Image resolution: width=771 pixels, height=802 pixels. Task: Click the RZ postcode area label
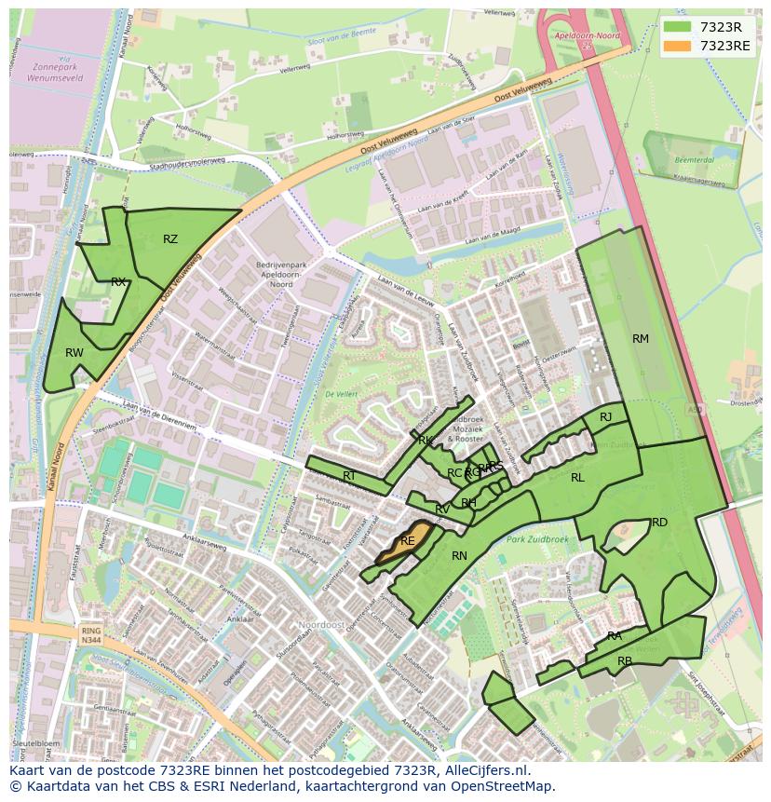[x=169, y=239]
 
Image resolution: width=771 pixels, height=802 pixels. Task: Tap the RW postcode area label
[x=74, y=353]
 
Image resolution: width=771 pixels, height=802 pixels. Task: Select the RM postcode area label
[x=641, y=339]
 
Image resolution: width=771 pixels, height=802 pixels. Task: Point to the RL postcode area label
[x=577, y=478]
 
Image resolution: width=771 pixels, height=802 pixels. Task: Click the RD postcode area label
[x=659, y=523]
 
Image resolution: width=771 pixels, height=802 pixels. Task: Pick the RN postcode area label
[x=459, y=556]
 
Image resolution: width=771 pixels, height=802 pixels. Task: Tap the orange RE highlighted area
[x=408, y=541]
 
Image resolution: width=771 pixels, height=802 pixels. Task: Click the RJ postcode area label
[x=606, y=417]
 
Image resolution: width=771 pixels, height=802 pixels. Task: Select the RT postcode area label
[x=349, y=476]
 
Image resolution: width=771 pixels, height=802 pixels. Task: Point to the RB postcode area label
[x=625, y=661]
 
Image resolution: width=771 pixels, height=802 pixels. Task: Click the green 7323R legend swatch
[x=677, y=27]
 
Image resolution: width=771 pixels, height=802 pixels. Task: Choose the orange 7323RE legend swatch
[x=677, y=45]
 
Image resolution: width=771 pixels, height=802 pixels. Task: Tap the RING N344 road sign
[x=90, y=635]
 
